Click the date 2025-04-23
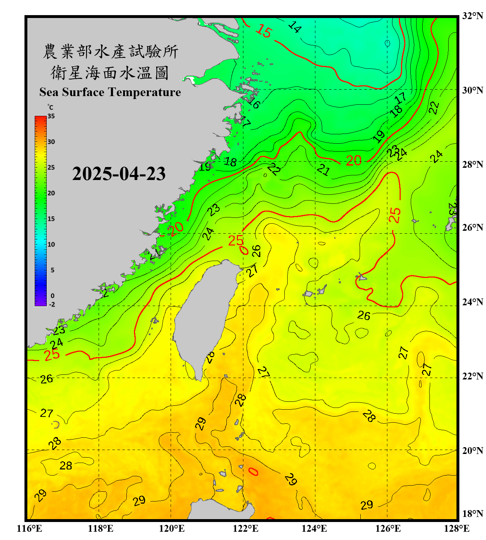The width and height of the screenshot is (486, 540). click(x=119, y=174)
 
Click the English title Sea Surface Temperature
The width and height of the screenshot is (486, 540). click(x=110, y=92)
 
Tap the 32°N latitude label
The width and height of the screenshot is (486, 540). click(x=472, y=16)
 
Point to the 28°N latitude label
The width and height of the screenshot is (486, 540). click(x=472, y=164)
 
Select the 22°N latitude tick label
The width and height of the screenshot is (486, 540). click(x=472, y=376)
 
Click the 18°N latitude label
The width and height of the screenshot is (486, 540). click(x=472, y=513)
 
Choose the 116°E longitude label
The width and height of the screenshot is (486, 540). click(x=30, y=528)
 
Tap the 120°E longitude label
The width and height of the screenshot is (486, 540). click(x=172, y=528)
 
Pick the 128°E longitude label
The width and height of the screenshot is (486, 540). click(x=456, y=528)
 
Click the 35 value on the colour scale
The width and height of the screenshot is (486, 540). click(x=51, y=116)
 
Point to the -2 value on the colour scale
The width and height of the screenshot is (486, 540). click(x=52, y=305)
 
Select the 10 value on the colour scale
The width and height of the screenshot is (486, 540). click(x=51, y=244)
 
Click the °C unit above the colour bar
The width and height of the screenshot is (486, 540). click(x=50, y=107)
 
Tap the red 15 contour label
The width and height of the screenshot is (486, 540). click(x=264, y=31)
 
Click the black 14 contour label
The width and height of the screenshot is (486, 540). click(x=294, y=27)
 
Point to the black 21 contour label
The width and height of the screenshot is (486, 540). click(x=323, y=170)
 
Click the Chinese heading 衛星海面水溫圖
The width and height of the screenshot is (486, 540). click(x=110, y=73)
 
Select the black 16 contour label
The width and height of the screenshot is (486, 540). click(x=254, y=103)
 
